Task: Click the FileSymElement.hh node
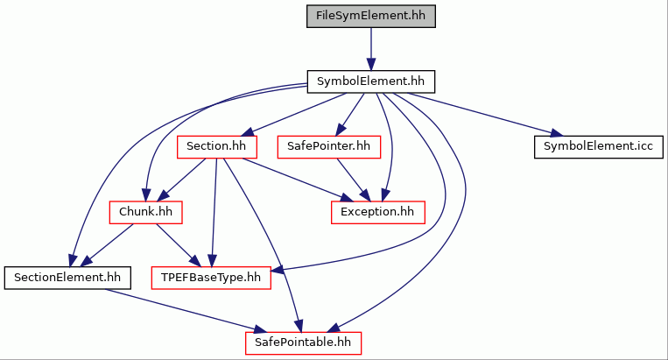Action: (x=371, y=16)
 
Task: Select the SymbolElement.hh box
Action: (x=371, y=81)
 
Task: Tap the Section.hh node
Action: (x=217, y=147)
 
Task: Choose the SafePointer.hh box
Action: (x=329, y=147)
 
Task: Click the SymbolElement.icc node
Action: (x=599, y=147)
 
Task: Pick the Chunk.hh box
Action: (x=145, y=212)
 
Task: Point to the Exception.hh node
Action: (x=378, y=212)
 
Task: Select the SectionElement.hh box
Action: (x=67, y=278)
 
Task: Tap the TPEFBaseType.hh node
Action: (x=211, y=278)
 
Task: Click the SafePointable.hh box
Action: (x=303, y=343)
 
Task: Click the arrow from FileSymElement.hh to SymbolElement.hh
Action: (x=371, y=49)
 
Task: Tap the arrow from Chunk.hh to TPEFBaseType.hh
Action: (x=178, y=245)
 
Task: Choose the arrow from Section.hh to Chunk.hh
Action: (x=181, y=180)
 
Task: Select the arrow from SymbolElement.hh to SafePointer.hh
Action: (x=350, y=114)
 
